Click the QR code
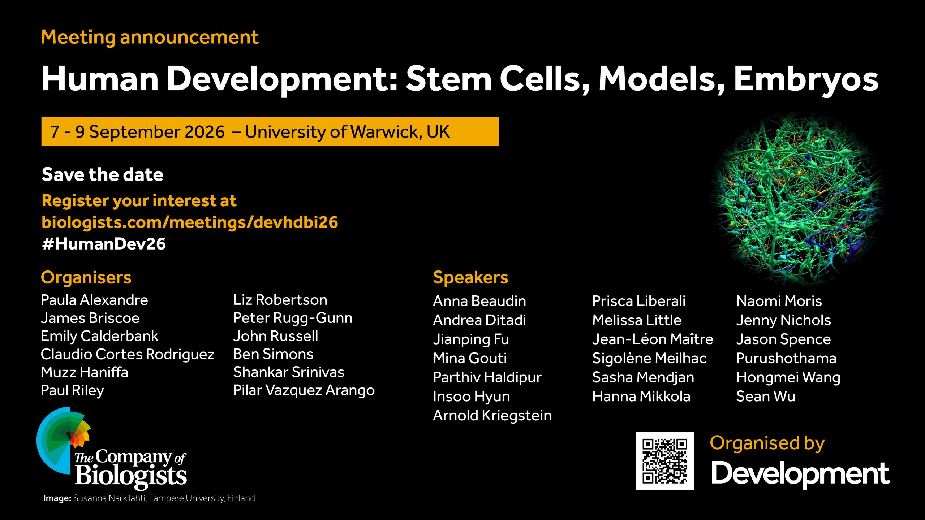[x=665, y=461]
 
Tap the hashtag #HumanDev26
[x=104, y=244]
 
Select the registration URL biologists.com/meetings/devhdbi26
[x=190, y=222]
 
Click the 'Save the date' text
[x=103, y=174]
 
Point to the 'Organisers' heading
[x=86, y=278]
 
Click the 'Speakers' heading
[x=470, y=278]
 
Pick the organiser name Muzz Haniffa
[x=85, y=372]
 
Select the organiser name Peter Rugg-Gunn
[x=293, y=318]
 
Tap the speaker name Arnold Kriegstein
[x=492, y=416]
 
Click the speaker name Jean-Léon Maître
[x=653, y=339]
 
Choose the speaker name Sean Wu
[x=766, y=396]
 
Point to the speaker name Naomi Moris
[x=779, y=301]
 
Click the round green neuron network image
[x=797, y=199]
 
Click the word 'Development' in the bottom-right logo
[x=800, y=474]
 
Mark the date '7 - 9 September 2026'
[x=138, y=132]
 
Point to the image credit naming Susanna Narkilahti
[x=149, y=498]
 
